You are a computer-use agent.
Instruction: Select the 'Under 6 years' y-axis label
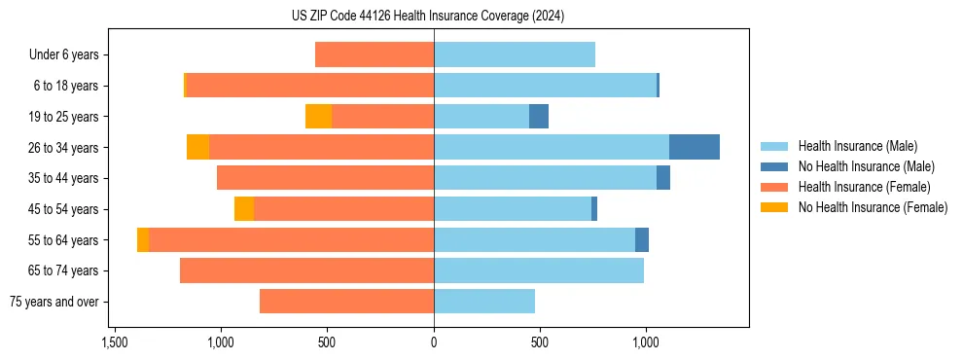click(x=64, y=55)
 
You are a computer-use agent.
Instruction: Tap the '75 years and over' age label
click(x=54, y=302)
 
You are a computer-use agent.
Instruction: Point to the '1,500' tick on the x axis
click(x=114, y=343)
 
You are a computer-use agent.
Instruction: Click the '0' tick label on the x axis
click(x=434, y=343)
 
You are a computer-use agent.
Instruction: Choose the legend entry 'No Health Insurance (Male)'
click(x=866, y=166)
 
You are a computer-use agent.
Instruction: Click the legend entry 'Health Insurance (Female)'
click(x=864, y=187)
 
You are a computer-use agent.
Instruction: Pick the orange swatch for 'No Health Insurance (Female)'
click(x=775, y=207)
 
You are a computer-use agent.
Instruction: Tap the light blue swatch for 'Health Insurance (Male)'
click(x=775, y=146)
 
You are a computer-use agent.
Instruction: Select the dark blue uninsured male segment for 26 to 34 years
click(x=695, y=147)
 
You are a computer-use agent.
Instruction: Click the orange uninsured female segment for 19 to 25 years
click(x=318, y=117)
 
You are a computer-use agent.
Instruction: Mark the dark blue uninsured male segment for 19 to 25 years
click(x=539, y=117)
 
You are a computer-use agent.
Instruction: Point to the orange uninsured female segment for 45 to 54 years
click(x=244, y=209)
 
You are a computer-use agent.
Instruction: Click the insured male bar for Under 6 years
click(x=515, y=55)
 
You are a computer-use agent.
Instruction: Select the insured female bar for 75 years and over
click(x=346, y=302)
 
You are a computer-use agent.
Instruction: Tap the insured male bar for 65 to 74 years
click(x=539, y=270)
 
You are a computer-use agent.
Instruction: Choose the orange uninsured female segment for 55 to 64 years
click(x=143, y=240)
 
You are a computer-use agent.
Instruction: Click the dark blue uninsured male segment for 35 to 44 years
click(x=663, y=178)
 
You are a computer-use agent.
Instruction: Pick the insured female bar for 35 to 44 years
click(x=325, y=178)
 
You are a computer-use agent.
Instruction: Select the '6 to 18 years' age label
click(x=66, y=86)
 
